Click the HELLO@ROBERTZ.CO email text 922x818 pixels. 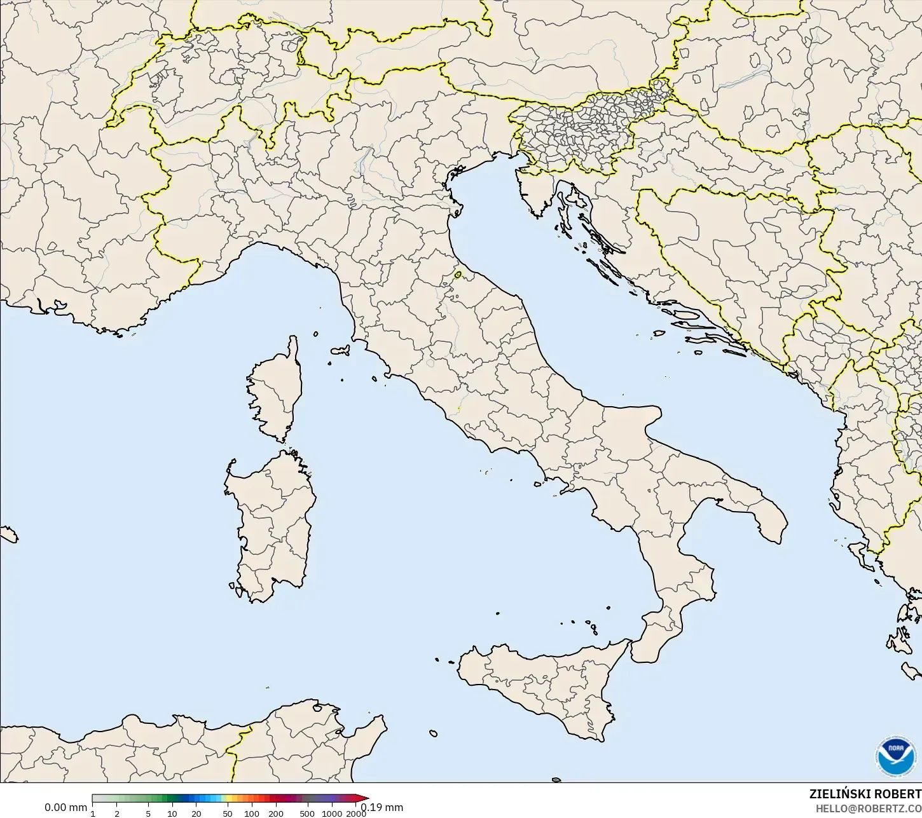(869, 808)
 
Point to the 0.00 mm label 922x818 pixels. (65, 808)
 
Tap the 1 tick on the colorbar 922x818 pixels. (93, 814)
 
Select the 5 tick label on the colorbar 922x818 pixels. (148, 814)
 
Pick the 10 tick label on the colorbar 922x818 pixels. (172, 814)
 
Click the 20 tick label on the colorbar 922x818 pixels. (196, 814)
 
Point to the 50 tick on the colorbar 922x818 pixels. (228, 814)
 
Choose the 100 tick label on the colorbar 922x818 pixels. (252, 814)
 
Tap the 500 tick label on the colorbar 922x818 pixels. (307, 814)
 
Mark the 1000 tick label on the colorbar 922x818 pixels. (331, 814)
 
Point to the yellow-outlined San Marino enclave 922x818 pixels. (458, 275)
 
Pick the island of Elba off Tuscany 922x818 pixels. (340, 350)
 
